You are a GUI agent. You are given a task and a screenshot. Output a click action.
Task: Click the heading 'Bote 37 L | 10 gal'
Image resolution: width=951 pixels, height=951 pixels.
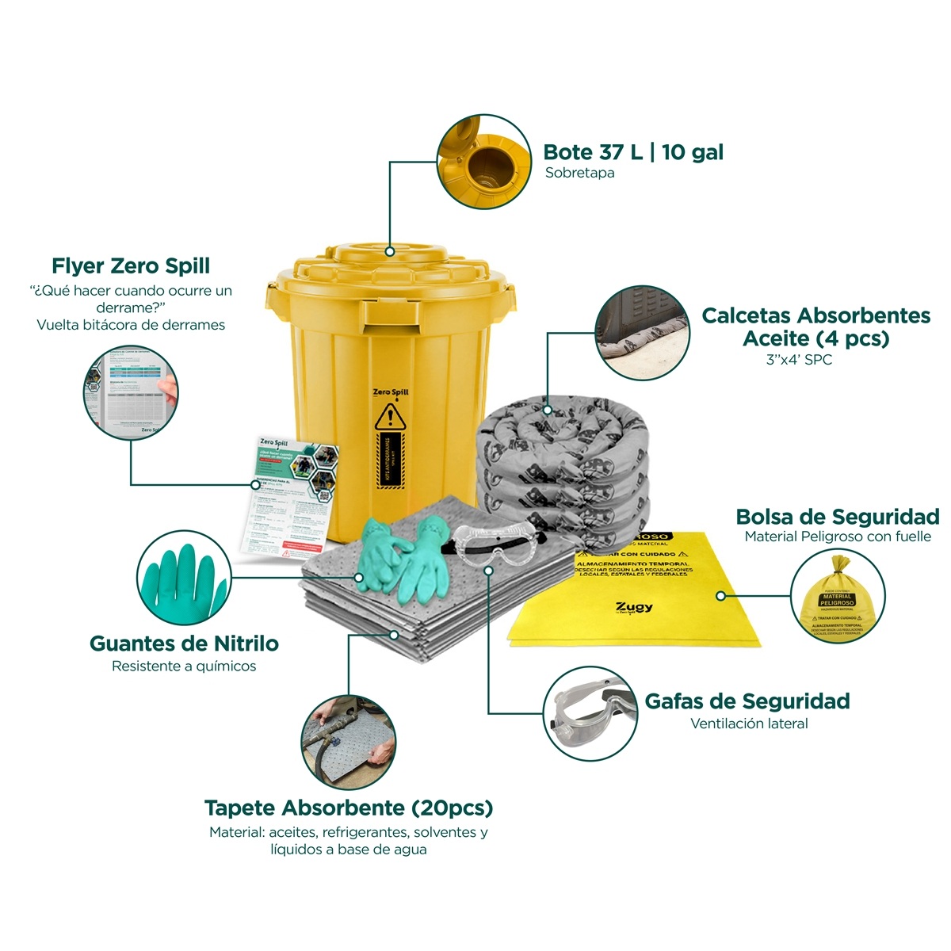[x=632, y=152]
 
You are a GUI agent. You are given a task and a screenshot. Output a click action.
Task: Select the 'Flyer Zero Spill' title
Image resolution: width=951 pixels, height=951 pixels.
[x=131, y=265]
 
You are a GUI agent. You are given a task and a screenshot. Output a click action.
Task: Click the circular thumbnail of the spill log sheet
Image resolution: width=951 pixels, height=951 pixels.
[x=131, y=393]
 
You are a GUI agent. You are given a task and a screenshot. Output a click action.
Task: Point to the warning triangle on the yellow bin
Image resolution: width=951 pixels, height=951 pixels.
[x=390, y=415]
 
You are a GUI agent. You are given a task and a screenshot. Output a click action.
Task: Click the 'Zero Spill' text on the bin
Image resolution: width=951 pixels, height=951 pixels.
[x=391, y=392]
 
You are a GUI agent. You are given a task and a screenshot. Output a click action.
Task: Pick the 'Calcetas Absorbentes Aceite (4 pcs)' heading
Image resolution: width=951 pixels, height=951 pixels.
[x=815, y=327]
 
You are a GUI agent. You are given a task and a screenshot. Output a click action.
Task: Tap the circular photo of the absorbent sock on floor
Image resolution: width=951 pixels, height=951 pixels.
[x=642, y=333]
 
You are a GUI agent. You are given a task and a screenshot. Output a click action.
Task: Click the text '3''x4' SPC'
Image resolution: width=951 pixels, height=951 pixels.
[x=799, y=360]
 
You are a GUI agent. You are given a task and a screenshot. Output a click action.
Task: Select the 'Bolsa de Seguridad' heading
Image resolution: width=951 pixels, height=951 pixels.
[x=838, y=517]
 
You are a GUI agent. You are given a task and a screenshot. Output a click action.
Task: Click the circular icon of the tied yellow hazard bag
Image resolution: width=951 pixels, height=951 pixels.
[x=838, y=596]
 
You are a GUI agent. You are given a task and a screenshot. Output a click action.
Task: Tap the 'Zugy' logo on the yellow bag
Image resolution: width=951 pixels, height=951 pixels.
[x=634, y=607]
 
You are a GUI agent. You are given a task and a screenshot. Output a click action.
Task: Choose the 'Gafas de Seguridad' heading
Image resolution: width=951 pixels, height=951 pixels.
[x=747, y=701]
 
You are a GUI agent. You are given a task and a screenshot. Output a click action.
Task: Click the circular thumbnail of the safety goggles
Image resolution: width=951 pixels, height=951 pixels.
[x=590, y=713]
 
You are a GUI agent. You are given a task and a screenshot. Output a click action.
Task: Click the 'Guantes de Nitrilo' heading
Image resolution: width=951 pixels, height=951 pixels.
[x=184, y=644]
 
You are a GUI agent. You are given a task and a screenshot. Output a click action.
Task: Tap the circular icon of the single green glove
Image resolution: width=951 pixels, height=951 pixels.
[x=184, y=577]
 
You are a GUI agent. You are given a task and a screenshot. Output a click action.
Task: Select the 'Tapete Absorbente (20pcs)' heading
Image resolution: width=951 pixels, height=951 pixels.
[x=349, y=808]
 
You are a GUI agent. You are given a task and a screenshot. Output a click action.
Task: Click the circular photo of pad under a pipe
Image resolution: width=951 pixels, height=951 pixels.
[x=349, y=743]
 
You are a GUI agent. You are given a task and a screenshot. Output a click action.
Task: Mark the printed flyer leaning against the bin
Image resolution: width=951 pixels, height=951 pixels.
[x=289, y=491]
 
